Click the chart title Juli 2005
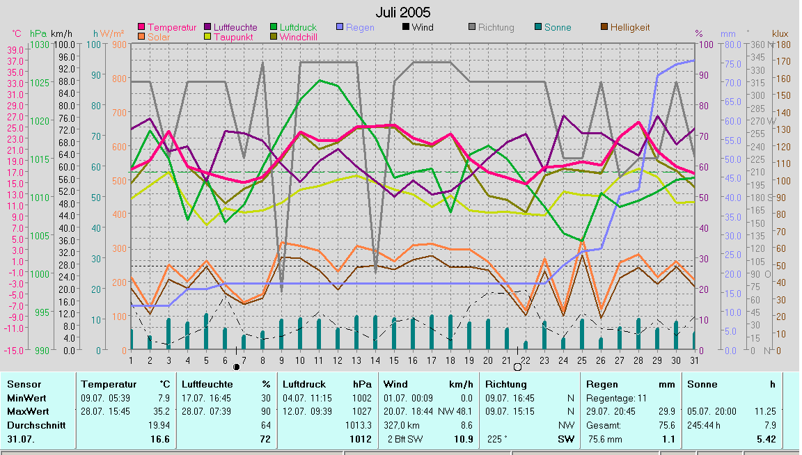point(402,13)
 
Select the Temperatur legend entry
point(172,27)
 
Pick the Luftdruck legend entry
point(298,27)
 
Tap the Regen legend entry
point(361,27)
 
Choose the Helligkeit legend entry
point(629,27)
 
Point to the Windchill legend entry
point(301,37)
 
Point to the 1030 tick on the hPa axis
point(40,45)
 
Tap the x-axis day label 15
point(393,360)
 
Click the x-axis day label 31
point(694,360)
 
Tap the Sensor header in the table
point(24,384)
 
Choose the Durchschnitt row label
point(36,424)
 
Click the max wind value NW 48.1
point(459,411)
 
